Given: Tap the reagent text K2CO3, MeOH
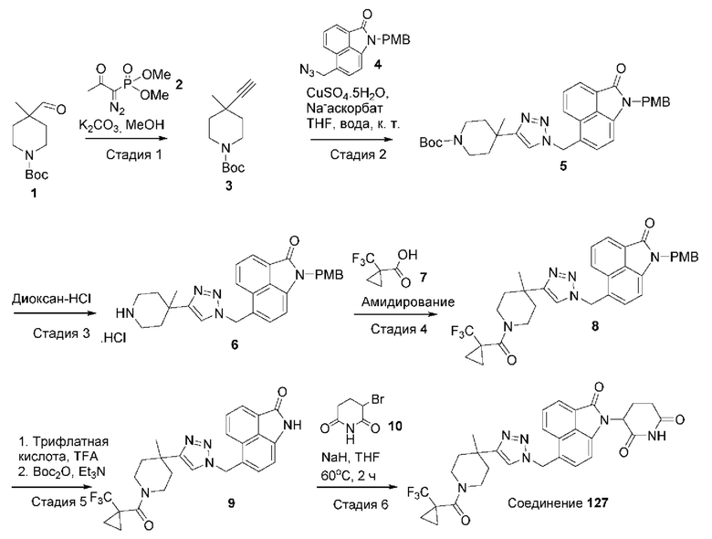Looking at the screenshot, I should pos(127,121).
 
